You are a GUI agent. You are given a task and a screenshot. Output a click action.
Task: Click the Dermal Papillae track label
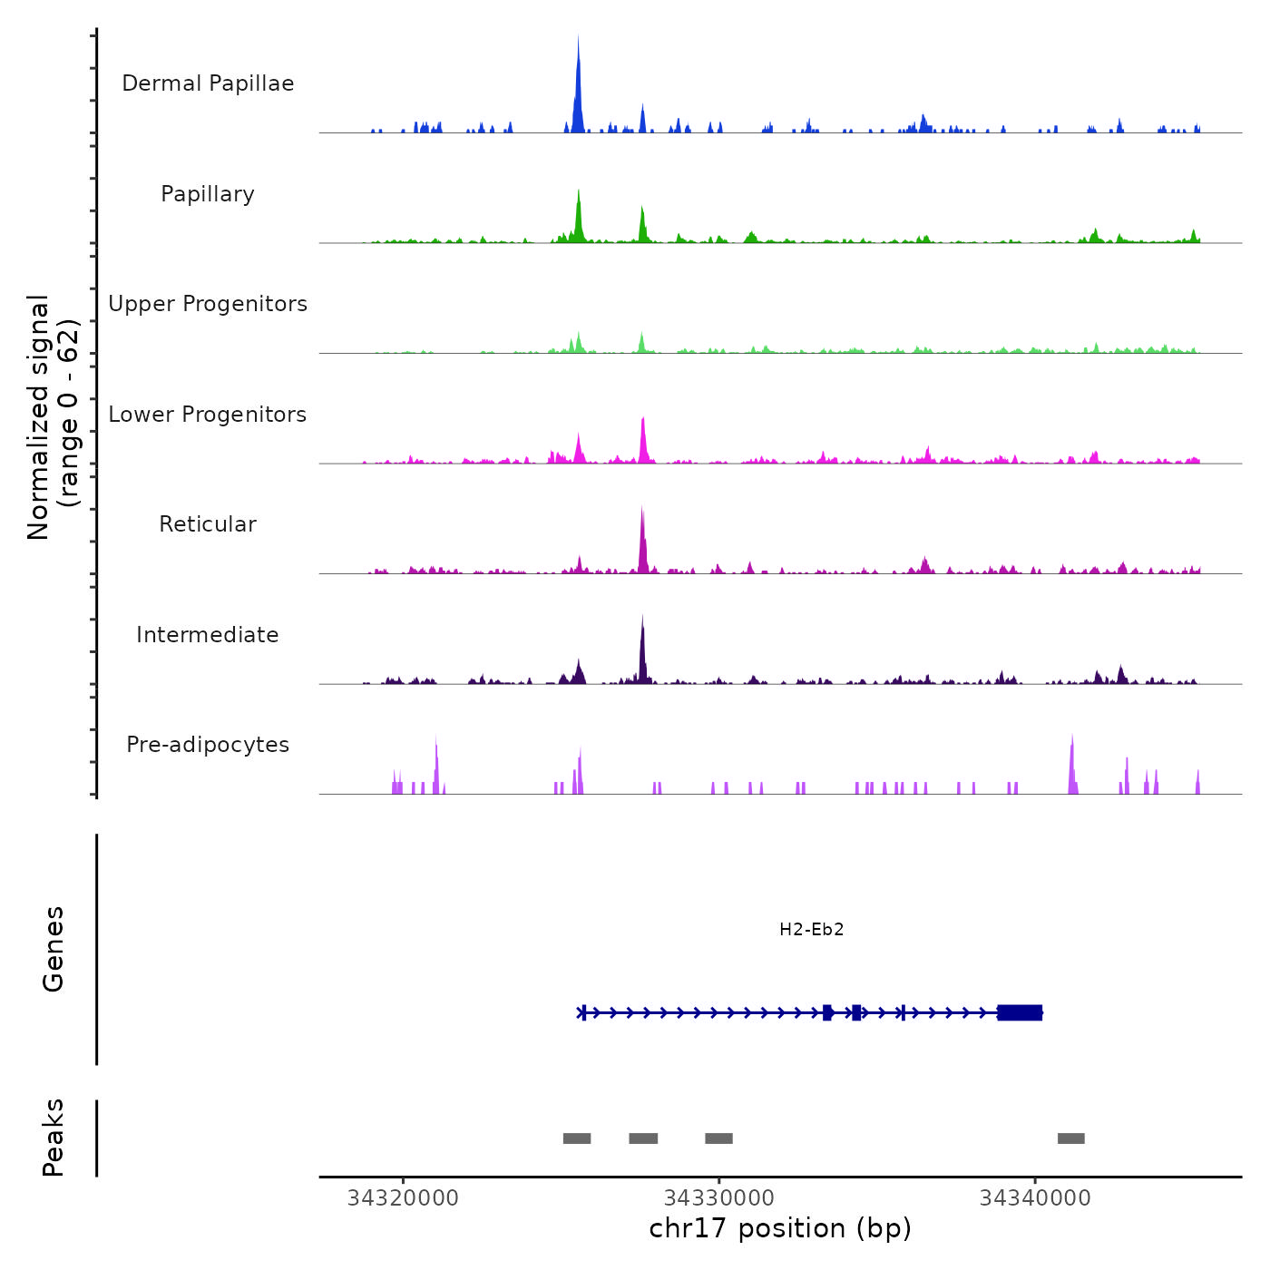[x=208, y=83]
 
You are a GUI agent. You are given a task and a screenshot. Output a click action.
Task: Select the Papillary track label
[x=208, y=194]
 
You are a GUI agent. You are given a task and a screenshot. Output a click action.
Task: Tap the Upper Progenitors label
[x=208, y=304]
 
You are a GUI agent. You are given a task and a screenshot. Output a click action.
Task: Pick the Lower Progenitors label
[x=208, y=415]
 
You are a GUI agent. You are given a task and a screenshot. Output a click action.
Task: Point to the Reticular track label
[x=208, y=524]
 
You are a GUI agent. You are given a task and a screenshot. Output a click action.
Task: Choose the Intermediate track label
[x=208, y=635]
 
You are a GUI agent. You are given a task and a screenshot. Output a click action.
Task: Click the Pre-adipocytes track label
[x=208, y=745]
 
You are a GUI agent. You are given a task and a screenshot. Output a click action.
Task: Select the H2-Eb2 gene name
[x=811, y=930]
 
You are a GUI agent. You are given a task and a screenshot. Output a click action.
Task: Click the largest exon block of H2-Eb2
[x=1020, y=1012]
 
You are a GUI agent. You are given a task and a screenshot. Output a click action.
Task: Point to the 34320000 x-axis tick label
[x=403, y=1198]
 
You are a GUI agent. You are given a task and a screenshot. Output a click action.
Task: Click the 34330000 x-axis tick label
[x=718, y=1198]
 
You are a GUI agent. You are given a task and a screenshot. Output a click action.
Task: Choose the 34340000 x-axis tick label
[x=1035, y=1198]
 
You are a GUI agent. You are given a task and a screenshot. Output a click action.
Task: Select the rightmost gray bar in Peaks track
[x=1070, y=1138]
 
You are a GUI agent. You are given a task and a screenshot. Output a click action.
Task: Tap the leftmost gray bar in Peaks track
[x=577, y=1138]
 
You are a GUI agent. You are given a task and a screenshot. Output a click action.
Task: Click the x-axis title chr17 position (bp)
[x=780, y=1228]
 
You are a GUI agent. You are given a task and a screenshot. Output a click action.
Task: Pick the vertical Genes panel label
[x=54, y=949]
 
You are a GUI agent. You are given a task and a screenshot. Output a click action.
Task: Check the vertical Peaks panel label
[x=54, y=1138]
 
